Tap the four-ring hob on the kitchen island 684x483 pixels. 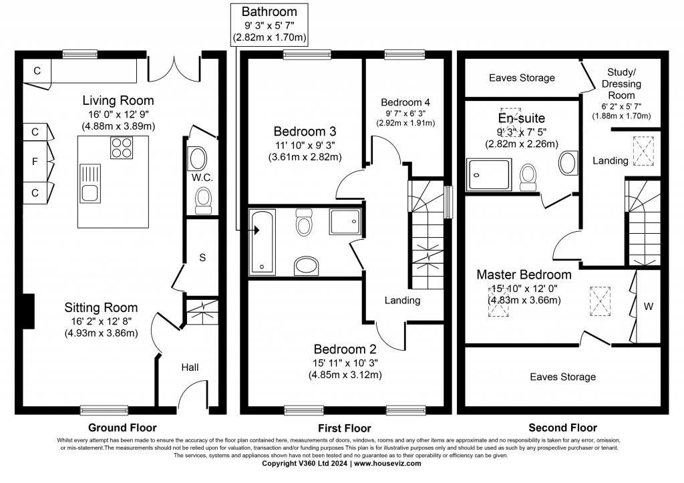coord(119,148)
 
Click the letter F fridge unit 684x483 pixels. coord(35,160)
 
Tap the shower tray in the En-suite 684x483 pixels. coord(488,174)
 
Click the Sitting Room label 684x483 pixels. coord(101,308)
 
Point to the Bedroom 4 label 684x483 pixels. coord(405,102)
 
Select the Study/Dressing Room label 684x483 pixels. coord(625,84)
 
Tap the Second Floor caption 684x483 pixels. coord(562,428)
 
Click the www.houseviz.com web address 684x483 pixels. coord(387,463)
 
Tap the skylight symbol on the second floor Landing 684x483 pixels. coord(643,151)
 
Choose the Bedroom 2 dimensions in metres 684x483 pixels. coord(345,375)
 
